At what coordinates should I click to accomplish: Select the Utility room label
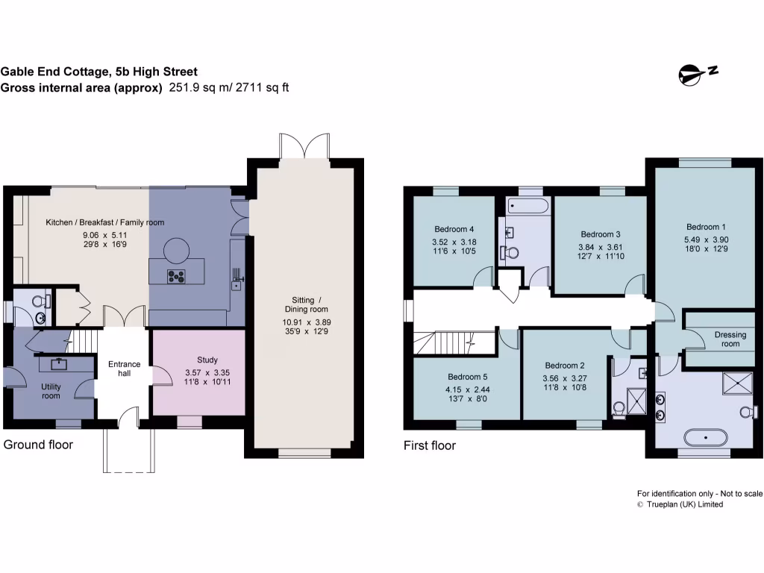coord(51,391)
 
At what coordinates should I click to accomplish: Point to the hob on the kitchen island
coord(177,277)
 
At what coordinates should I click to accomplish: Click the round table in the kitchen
coord(177,247)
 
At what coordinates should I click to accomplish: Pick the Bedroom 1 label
coord(706,227)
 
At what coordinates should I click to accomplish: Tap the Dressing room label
coord(730,339)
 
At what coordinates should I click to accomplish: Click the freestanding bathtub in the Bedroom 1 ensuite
coord(704,436)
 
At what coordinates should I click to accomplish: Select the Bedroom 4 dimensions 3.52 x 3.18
coord(454,242)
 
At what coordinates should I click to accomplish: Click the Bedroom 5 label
coord(468,377)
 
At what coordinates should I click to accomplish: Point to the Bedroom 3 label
coord(601,234)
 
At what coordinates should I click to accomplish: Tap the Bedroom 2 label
coord(564,366)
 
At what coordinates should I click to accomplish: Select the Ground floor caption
coord(39,445)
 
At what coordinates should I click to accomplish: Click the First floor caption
coord(429,446)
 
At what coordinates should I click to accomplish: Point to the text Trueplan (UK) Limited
coord(684,504)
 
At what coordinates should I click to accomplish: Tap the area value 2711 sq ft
coord(263,88)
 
